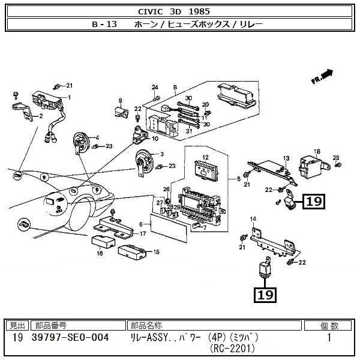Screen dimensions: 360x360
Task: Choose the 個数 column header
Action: click(328, 326)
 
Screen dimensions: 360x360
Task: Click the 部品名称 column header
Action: click(148, 326)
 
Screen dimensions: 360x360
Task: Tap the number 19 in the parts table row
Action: click(17, 338)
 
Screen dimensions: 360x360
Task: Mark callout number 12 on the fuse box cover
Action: click(205, 157)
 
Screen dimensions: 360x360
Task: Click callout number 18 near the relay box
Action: click(317, 151)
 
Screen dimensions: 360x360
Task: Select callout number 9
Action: click(120, 100)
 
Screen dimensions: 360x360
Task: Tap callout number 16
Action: click(100, 253)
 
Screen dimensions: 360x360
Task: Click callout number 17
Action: click(142, 232)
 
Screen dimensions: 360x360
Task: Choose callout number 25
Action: click(336, 157)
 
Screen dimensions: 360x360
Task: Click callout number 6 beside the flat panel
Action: click(141, 225)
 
